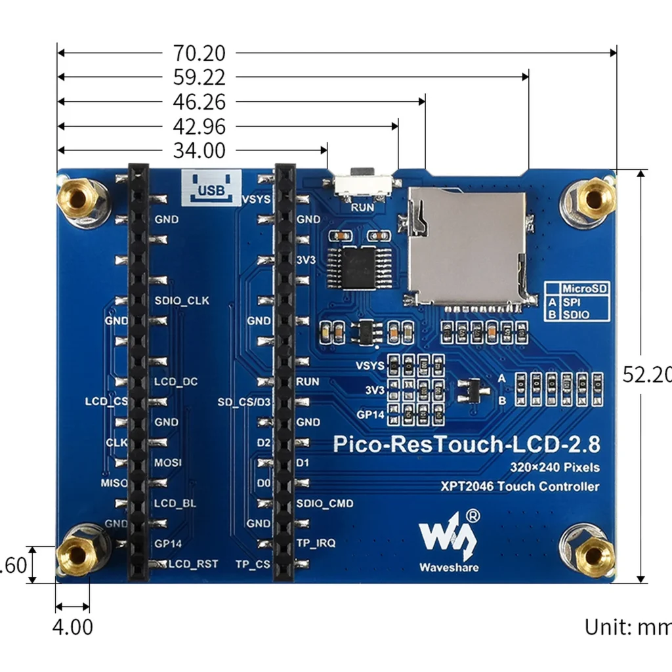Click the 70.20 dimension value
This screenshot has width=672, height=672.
click(199, 53)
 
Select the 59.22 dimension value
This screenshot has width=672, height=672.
click(199, 77)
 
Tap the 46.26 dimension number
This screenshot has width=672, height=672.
click(199, 102)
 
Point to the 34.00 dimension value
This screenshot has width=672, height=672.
click(199, 150)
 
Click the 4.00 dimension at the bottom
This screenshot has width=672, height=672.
click(72, 627)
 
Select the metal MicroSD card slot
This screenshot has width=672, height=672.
click(467, 248)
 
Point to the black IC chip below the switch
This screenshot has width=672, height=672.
click(358, 268)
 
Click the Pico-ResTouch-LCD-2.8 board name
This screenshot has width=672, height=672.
click(466, 444)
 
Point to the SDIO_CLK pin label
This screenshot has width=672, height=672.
click(182, 301)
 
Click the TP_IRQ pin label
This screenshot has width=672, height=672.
click(316, 543)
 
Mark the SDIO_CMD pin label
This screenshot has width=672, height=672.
click(325, 503)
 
